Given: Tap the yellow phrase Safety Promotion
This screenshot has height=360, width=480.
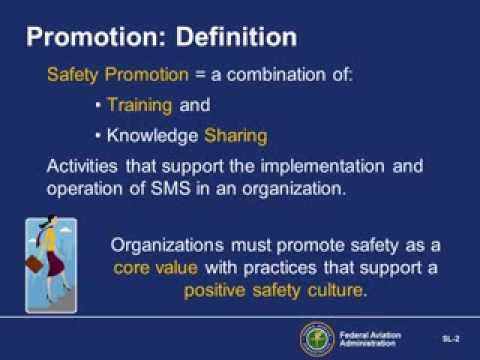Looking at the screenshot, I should click(x=107, y=77).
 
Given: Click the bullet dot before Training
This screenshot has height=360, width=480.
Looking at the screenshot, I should click(x=96, y=105).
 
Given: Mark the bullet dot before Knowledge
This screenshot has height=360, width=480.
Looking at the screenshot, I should click(x=96, y=134).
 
